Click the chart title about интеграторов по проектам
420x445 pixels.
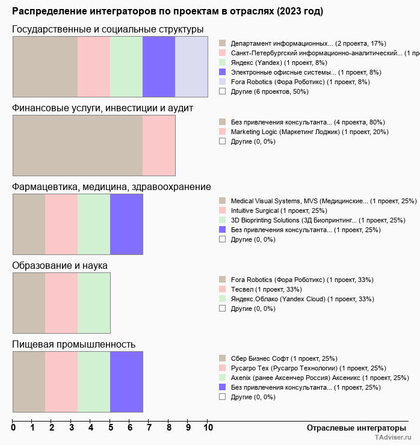click(x=167, y=11)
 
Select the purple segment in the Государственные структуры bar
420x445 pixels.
click(x=159, y=66)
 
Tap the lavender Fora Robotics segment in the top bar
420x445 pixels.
click(x=191, y=66)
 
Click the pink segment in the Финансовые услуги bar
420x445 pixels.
click(x=159, y=145)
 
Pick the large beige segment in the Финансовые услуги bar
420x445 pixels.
click(x=78, y=145)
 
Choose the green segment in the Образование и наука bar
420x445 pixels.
click(x=94, y=302)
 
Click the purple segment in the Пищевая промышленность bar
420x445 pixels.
click(x=126, y=381)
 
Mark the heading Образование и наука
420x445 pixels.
click(x=60, y=265)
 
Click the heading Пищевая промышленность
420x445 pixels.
click(x=73, y=344)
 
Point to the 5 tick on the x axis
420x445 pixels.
click(x=111, y=428)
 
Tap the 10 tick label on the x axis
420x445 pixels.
click(x=208, y=428)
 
